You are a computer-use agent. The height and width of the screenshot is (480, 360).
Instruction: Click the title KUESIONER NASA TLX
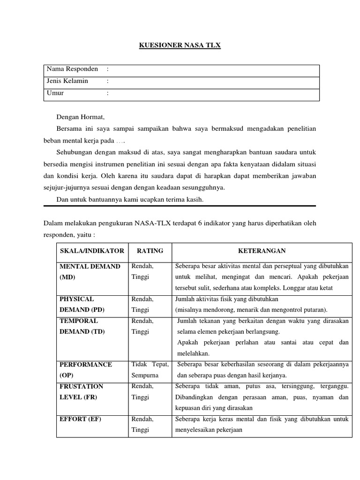[180, 45]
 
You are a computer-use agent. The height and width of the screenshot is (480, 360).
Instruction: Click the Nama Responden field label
[72, 69]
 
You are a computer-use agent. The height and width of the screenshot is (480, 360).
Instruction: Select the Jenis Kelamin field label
[67, 81]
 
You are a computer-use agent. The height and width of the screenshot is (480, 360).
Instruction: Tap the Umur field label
[55, 93]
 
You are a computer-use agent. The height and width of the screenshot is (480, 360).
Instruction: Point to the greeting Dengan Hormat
[81, 117]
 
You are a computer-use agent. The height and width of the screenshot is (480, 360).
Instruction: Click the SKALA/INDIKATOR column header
[92, 251]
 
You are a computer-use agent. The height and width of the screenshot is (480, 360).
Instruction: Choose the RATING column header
[150, 251]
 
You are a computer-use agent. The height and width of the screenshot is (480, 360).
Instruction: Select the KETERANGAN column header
[262, 251]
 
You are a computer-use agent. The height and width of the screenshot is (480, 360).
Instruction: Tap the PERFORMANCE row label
[86, 365]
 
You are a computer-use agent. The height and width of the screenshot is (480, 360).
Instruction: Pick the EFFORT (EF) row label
[80, 419]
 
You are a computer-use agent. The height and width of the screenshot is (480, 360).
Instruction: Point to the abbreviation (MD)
[67, 277]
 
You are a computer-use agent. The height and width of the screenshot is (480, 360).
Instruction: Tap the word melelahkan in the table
[193, 353]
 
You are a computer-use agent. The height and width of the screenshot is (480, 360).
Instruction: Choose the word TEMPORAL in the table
[79, 321]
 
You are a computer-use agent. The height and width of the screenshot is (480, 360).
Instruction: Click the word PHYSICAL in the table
[77, 299]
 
